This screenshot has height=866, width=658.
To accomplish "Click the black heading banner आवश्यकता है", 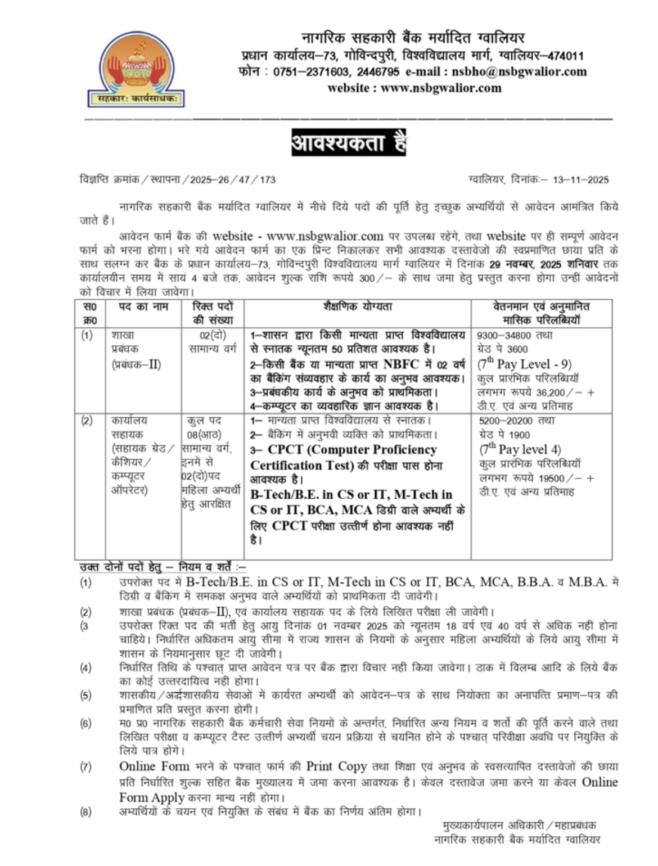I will (348, 143).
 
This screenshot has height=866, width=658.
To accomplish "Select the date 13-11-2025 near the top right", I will (580, 180).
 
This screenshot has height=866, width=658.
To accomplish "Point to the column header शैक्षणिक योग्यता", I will (358, 307).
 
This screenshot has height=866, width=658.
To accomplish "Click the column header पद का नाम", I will (143, 307).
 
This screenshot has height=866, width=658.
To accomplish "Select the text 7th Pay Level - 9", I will (524, 364).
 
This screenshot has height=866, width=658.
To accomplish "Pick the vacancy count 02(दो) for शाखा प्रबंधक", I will (213, 335).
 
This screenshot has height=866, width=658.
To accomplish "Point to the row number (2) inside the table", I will (87, 420).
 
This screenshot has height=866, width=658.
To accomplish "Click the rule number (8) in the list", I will (85, 811).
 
